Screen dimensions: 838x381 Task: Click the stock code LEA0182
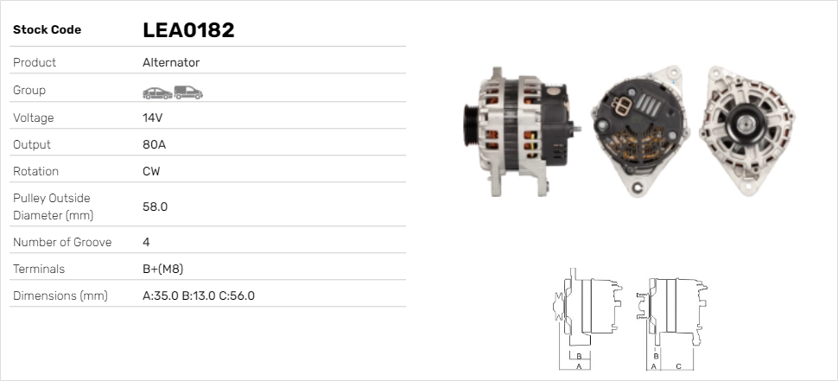pos(188,30)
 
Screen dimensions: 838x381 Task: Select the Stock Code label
pos(47,30)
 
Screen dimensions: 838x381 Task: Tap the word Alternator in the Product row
pos(171,62)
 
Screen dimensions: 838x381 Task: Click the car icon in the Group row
pos(157,93)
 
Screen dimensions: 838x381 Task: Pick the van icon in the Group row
pos(188,92)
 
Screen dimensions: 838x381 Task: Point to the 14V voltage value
pos(152,117)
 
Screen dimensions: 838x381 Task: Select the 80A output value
pos(154,145)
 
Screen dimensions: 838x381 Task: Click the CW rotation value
pos(151,172)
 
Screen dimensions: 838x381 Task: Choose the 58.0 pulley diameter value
pos(155,206)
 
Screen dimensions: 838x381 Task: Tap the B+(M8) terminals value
pos(163,270)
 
